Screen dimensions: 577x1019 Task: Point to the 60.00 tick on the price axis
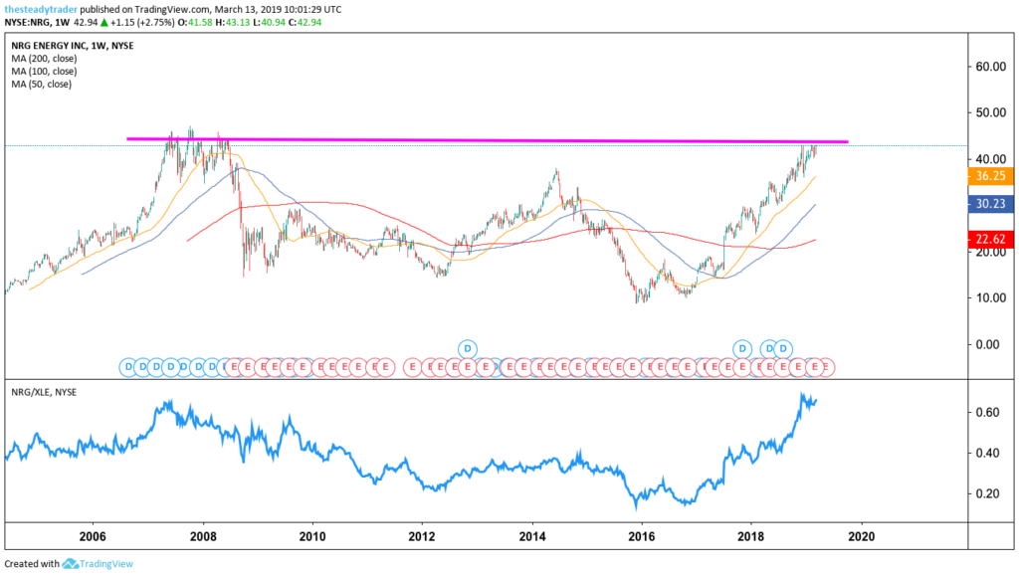(x=990, y=67)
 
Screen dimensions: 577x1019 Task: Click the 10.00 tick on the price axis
(x=990, y=297)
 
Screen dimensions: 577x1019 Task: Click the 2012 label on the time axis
(x=422, y=534)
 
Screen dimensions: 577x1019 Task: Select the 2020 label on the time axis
(x=860, y=534)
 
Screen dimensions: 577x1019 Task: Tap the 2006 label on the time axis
(x=93, y=534)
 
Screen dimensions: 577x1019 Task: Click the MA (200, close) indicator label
(x=45, y=59)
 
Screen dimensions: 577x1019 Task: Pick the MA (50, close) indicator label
(x=42, y=85)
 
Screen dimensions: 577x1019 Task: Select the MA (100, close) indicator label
(x=45, y=72)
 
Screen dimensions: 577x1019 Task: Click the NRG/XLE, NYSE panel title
(x=42, y=392)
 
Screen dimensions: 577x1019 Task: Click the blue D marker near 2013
(x=468, y=348)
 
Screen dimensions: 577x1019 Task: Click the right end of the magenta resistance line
(x=847, y=141)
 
